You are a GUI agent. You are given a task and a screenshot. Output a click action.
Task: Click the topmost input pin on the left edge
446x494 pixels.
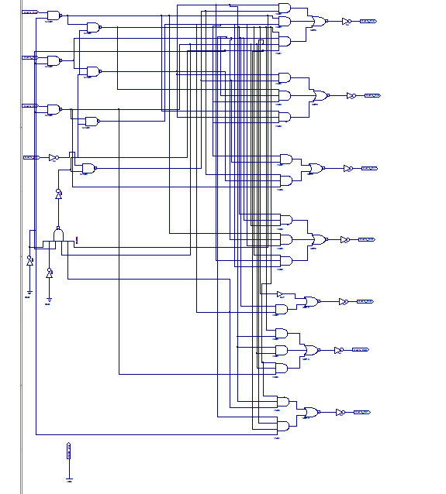(x=30, y=13)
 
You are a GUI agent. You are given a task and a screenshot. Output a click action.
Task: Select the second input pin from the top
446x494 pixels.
(x=30, y=57)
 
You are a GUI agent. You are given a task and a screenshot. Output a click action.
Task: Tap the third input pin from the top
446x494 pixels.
(x=30, y=106)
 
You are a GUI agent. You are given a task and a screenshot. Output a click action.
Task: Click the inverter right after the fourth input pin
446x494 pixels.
(x=53, y=157)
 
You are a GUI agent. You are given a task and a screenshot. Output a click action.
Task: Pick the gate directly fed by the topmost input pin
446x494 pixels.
(x=54, y=15)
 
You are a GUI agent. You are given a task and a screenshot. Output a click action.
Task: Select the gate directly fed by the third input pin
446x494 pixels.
(x=54, y=109)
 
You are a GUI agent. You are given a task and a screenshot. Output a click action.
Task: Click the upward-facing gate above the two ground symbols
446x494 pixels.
(x=58, y=234)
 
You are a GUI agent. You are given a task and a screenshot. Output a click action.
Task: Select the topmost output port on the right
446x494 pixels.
(x=368, y=22)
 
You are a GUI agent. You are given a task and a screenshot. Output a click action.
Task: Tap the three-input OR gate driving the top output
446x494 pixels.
(x=318, y=22)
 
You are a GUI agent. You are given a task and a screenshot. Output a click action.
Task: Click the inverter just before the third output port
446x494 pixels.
(x=347, y=169)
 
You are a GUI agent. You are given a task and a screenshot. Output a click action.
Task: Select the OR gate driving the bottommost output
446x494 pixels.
(x=311, y=413)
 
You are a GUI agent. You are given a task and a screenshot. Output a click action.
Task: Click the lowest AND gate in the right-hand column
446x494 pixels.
(x=282, y=426)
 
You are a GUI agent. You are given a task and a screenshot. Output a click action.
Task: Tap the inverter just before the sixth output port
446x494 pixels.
(x=338, y=350)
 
